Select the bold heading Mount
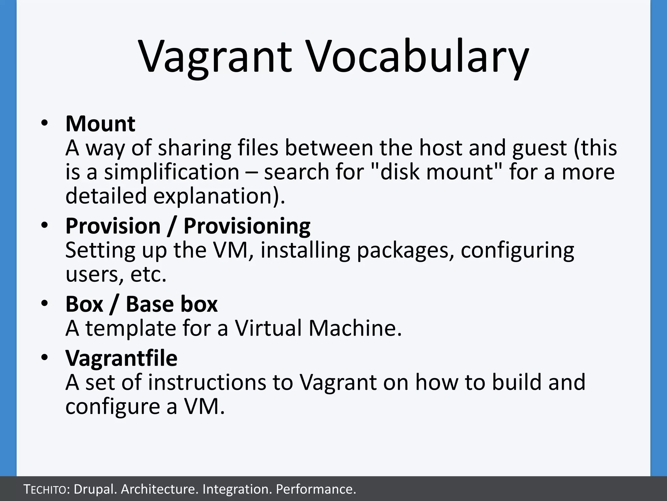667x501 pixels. [x=100, y=124]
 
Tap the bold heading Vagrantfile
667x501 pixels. [x=121, y=358]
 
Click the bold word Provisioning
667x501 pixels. [x=247, y=226]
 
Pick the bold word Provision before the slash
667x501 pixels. [x=113, y=226]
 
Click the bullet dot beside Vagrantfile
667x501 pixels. [x=45, y=358]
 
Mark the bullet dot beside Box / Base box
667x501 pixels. [x=45, y=304]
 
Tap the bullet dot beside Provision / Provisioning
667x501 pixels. [x=45, y=225]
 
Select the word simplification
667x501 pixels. [x=172, y=173]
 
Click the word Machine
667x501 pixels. [x=355, y=328]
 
